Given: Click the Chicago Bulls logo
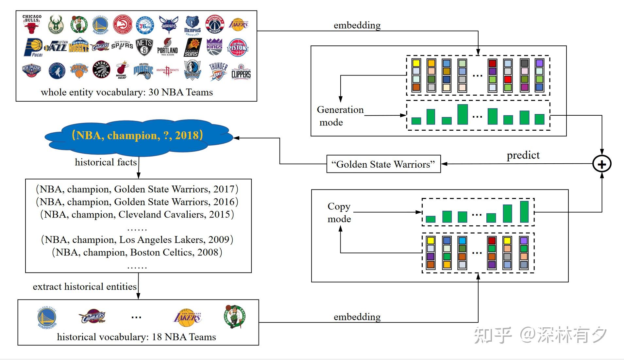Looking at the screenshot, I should [31, 24].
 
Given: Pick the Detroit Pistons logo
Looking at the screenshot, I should [238, 48].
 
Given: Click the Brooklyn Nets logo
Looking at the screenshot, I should [144, 47].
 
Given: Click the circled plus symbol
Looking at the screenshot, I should [602, 164].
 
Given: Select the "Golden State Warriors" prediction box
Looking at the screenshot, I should [383, 164].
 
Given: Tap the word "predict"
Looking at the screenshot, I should [523, 155].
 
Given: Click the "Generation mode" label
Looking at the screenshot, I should [340, 116].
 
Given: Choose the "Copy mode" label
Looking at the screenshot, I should [339, 213].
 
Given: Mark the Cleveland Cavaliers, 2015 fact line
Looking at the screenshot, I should [137, 214].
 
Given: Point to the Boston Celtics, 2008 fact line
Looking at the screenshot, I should [137, 252].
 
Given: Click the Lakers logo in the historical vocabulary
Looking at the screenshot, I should [187, 317].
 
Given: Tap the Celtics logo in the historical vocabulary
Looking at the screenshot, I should [234, 316].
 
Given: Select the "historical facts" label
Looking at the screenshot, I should [106, 162].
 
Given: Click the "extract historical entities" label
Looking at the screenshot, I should [85, 286].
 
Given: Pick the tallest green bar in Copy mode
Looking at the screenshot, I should [524, 212].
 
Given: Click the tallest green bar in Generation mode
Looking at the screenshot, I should [463, 114].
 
